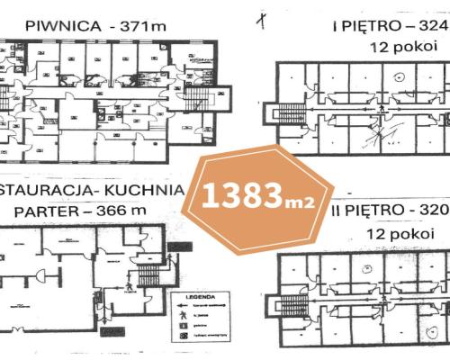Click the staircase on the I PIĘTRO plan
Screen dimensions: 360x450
point(290,117)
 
